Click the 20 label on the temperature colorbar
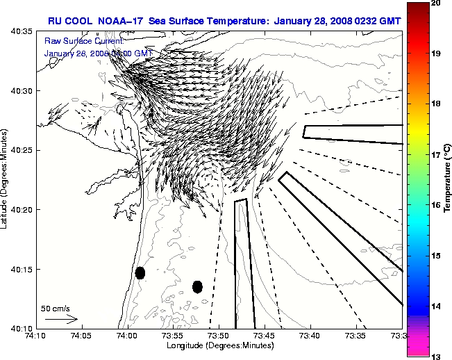pos(435,4)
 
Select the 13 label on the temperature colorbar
pos(435,356)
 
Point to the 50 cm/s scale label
pos(56,308)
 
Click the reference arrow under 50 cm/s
pos(62,319)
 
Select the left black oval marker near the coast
pos(140,272)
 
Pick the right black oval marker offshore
pos(197,286)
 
